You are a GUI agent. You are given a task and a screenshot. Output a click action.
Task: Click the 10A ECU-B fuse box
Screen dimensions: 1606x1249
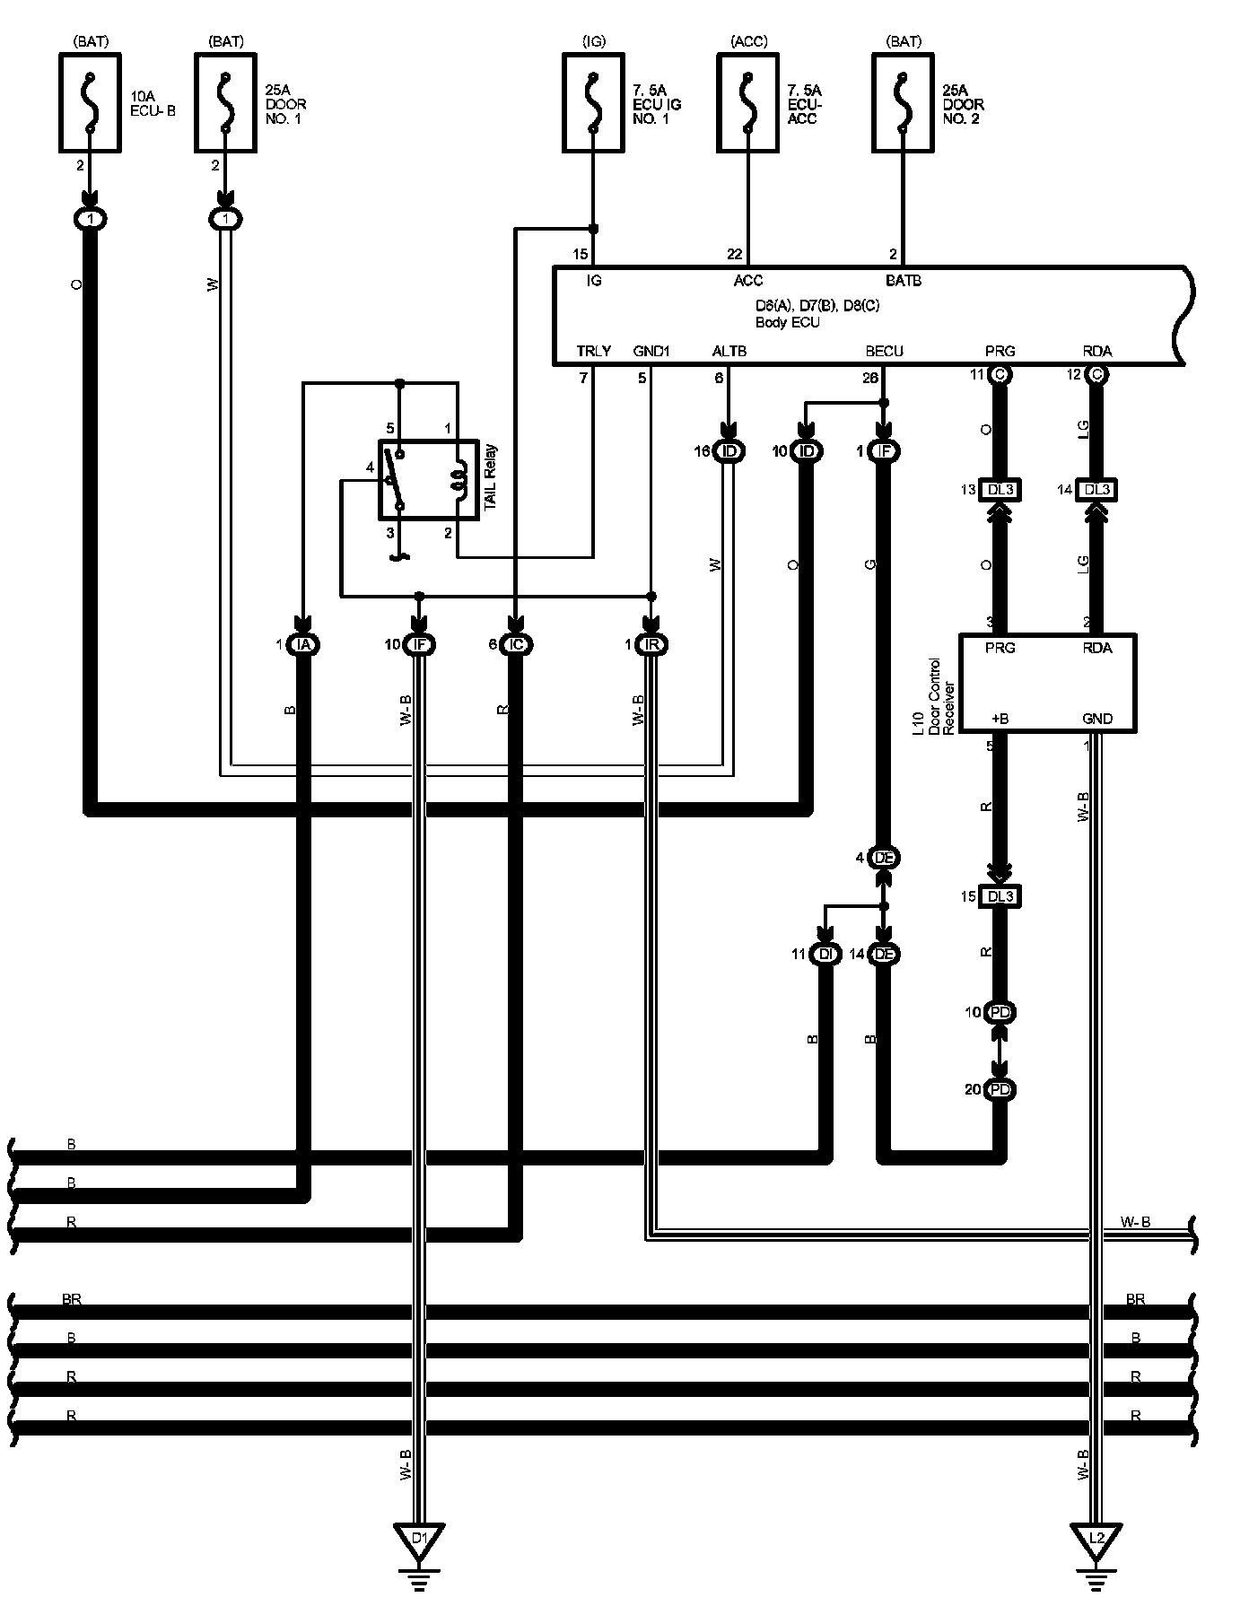90,103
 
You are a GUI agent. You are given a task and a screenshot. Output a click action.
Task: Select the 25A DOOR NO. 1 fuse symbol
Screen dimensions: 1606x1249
225,103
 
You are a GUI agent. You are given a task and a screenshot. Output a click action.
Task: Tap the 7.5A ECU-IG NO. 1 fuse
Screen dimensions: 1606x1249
592,103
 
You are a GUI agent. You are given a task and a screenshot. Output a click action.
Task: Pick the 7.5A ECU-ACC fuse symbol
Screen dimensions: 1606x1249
747,103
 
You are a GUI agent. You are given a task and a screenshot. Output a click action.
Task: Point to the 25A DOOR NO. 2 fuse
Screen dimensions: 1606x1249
903,103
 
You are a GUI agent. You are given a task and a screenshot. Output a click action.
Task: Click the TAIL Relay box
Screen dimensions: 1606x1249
428,479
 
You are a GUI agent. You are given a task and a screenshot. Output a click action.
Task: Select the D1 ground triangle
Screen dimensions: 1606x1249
420,1540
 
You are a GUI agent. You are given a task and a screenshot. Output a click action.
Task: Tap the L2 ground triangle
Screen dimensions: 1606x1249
1096,1540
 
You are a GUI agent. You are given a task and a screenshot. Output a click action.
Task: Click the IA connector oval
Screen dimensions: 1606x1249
303,644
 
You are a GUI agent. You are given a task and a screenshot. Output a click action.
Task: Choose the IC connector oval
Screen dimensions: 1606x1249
515,644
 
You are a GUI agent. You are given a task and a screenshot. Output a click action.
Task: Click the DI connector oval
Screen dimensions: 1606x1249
825,955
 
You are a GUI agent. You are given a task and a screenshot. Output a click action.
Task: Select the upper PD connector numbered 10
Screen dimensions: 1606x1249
1000,1013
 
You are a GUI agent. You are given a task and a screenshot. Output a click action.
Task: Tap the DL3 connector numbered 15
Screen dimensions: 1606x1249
1000,896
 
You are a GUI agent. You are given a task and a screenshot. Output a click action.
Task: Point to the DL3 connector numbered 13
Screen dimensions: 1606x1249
1000,490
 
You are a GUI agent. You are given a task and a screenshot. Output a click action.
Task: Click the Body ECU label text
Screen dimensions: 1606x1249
787,323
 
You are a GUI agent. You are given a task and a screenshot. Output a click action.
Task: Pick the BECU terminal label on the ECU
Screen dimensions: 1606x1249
884,352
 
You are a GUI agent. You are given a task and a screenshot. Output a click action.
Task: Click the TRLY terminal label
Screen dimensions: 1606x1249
593,352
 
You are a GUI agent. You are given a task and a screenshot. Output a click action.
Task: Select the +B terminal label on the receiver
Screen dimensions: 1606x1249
1000,719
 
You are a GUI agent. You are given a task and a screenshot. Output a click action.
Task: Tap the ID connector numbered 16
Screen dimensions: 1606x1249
729,451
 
